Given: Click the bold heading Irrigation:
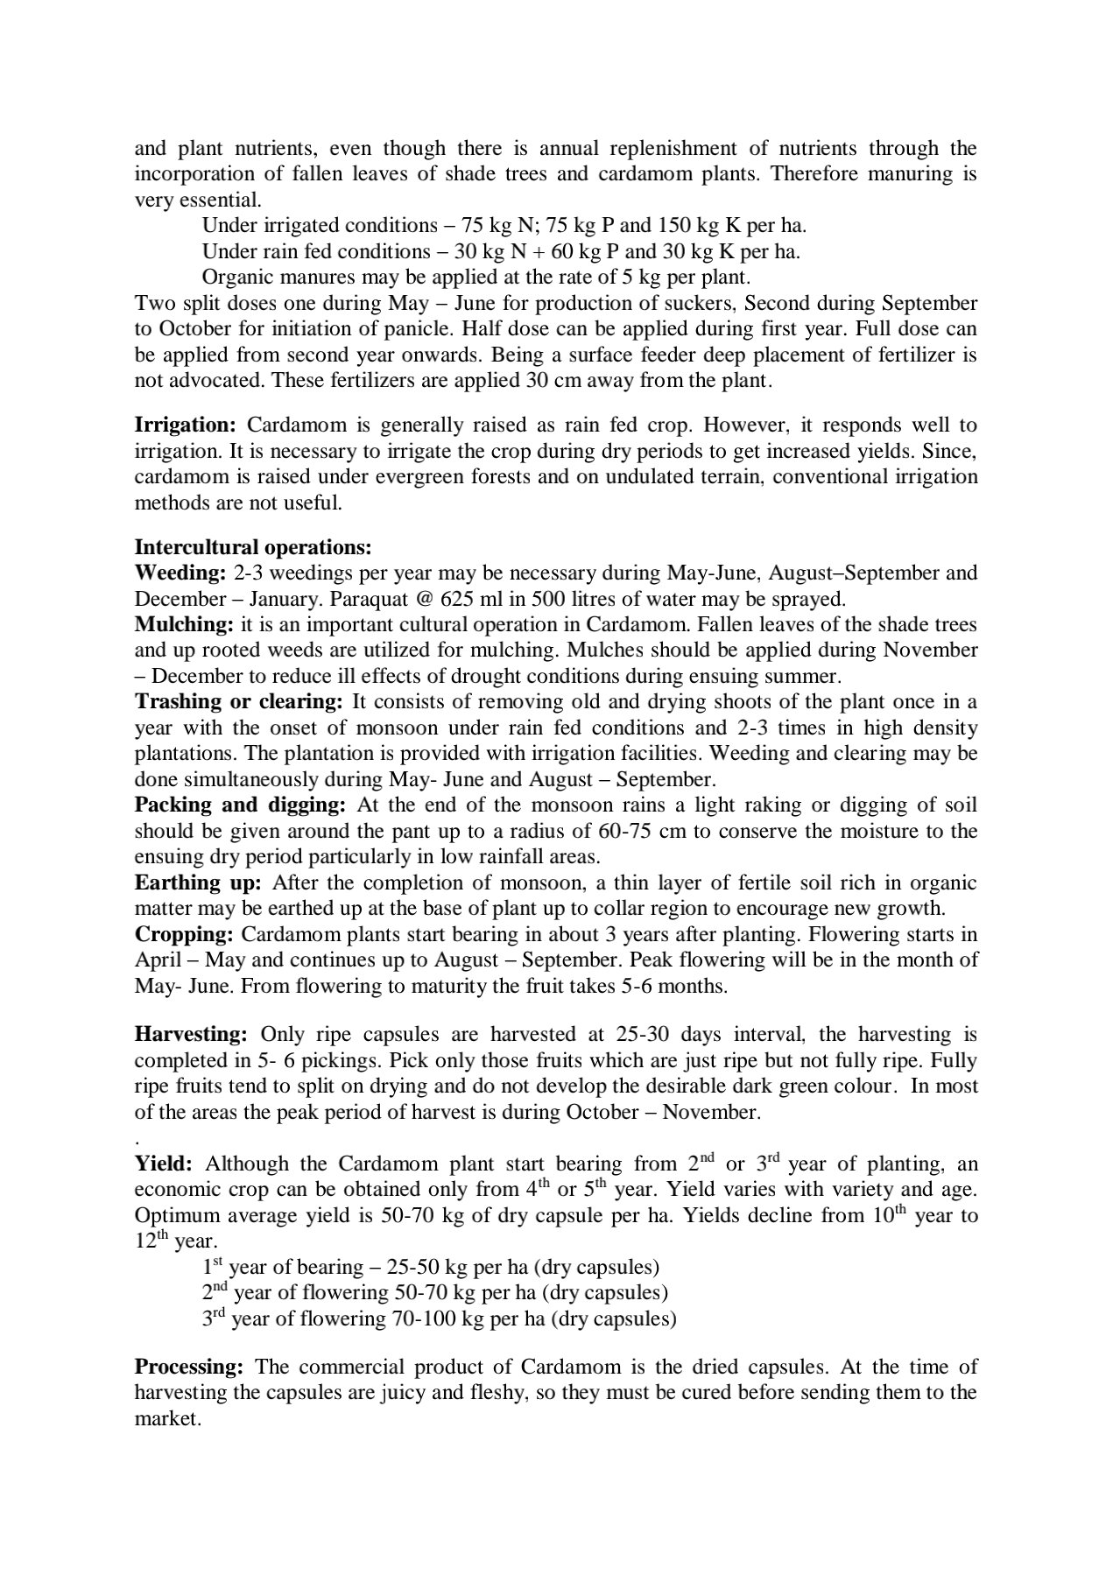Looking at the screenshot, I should [x=185, y=426].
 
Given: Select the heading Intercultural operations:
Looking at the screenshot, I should [x=253, y=548].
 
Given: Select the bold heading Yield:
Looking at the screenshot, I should [x=163, y=1164].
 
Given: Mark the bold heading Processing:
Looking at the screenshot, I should [x=187, y=1368].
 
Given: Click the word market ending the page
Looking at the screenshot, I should [x=166, y=1419].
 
